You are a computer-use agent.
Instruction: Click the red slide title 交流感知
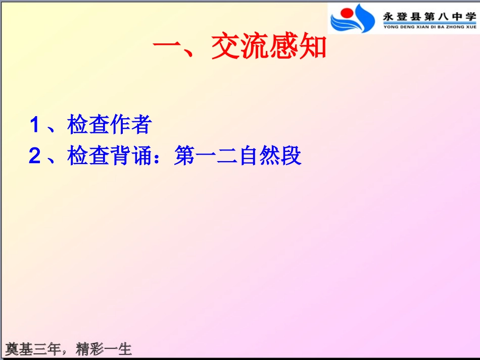coord(269,48)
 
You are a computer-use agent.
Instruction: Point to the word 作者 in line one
coord(130,125)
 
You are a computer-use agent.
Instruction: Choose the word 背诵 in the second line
coord(130,157)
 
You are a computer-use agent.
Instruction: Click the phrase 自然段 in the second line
coord(270,157)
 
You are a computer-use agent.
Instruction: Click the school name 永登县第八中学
coord(429,15)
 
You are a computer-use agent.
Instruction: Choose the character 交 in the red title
coord(225,48)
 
